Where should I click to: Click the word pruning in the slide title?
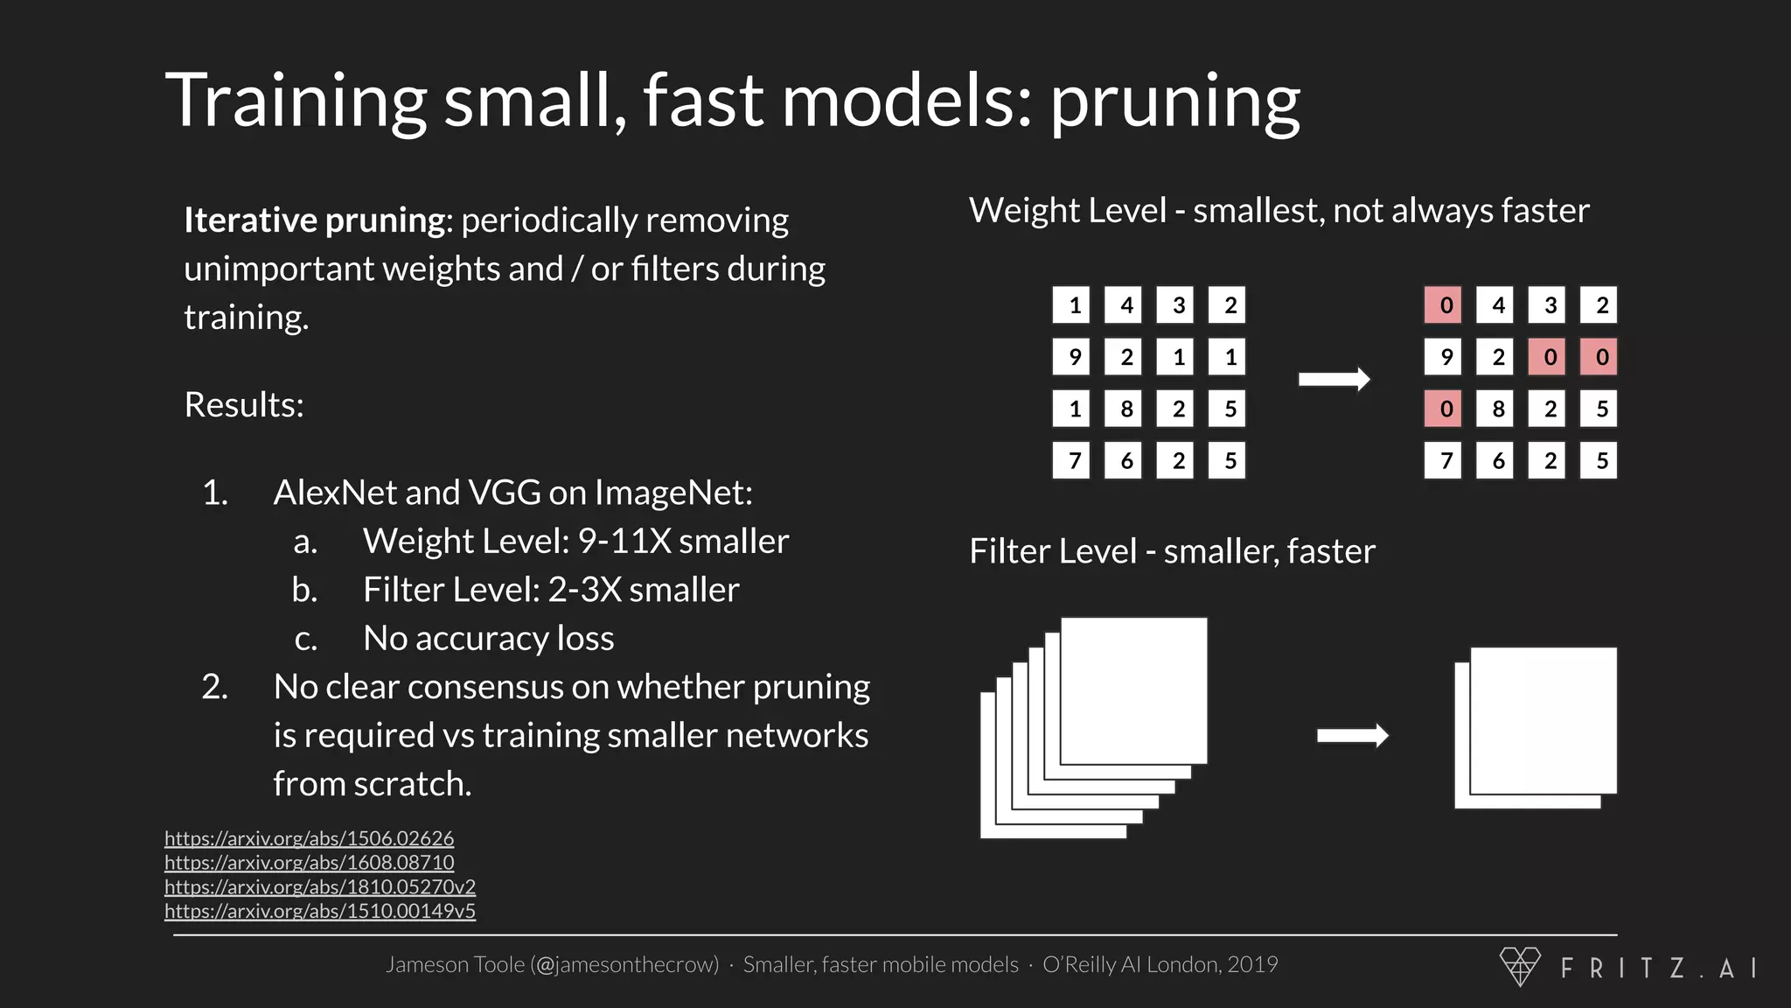point(1174,103)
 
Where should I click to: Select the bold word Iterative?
point(249,220)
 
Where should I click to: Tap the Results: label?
point(244,405)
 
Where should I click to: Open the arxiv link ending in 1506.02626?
point(309,838)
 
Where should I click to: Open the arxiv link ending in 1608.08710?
point(309,863)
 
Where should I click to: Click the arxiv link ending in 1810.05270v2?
point(320,886)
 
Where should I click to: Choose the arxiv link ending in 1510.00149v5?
point(320,911)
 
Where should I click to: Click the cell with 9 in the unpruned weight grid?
point(1074,357)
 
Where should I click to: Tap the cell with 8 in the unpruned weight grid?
point(1126,409)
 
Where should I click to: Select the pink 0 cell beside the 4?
point(1446,305)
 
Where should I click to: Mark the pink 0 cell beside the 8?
point(1446,409)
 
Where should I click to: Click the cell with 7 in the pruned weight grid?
point(1446,460)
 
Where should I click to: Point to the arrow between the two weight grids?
point(1334,380)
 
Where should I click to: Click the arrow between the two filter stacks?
point(1352,736)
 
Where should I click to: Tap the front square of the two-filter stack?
point(1543,719)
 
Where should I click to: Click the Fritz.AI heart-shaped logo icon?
point(1520,966)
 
